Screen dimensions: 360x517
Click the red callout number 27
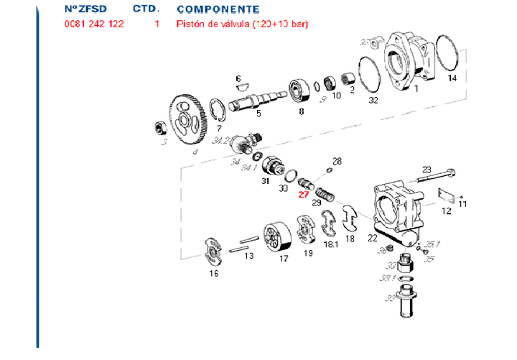303,193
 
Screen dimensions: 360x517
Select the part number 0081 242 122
94,24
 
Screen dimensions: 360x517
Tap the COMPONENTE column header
218,9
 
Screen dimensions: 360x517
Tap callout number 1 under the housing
416,88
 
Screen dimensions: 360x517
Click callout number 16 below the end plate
214,273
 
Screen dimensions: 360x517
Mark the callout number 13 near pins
248,256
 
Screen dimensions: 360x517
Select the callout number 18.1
331,245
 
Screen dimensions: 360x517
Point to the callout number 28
337,161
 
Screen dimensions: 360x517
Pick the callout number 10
336,95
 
